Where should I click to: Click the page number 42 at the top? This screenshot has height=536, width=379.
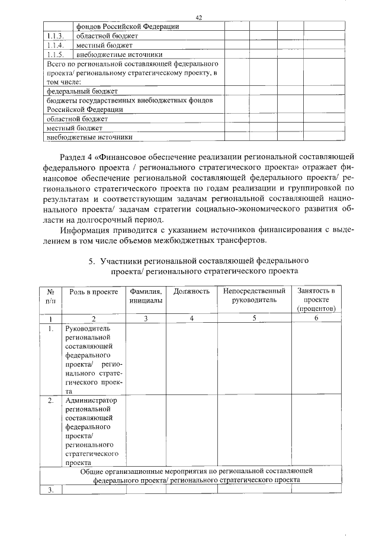199,18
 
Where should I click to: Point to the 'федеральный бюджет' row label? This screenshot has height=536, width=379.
82,91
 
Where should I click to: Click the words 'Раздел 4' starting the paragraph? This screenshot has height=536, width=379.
76,156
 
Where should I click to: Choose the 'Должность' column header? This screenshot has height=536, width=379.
191,291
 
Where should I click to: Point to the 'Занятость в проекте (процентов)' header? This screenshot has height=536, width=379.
317,300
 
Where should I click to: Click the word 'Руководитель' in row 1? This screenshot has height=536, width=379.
88,328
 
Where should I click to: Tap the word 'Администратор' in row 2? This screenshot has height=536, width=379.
91,400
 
